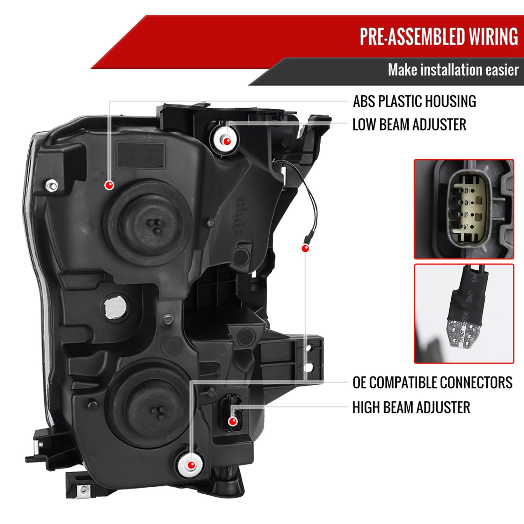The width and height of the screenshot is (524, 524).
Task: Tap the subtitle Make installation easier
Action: pyautogui.click(x=453, y=70)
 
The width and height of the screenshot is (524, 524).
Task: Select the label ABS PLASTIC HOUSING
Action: pyautogui.click(x=414, y=101)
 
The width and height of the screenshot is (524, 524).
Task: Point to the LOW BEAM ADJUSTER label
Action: pyautogui.click(x=409, y=125)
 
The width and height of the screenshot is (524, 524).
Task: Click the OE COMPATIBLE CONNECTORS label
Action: pyautogui.click(x=432, y=383)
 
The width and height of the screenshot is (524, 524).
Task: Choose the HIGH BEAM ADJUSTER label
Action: pyautogui.click(x=411, y=407)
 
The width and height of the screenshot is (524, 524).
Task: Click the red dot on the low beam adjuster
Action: pyautogui.click(x=227, y=141)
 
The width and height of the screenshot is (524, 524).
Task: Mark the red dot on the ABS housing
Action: pyautogui.click(x=109, y=185)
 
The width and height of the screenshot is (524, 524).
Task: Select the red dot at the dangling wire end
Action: pyautogui.click(x=305, y=248)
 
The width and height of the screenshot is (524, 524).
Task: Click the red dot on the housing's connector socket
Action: pyautogui.click(x=233, y=421)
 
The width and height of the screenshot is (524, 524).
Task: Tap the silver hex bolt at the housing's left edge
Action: pyautogui.click(x=52, y=185)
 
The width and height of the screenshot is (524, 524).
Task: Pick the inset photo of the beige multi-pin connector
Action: pyautogui.click(x=464, y=209)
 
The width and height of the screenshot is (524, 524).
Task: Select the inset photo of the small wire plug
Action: pyautogui.click(x=464, y=313)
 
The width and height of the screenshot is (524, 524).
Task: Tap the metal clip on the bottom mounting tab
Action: pyautogui.click(x=83, y=490)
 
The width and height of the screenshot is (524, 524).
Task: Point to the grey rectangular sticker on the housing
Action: pyautogui.click(x=141, y=155)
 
